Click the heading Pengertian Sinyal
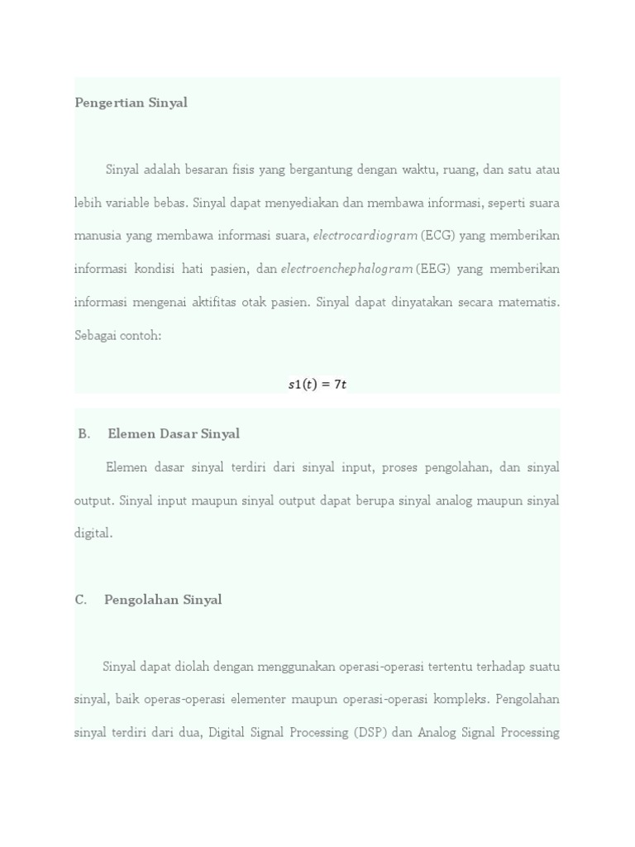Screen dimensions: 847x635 (131, 103)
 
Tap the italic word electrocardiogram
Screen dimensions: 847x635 (365, 236)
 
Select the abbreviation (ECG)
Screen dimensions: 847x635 (437, 236)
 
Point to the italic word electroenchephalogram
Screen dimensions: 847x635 (346, 269)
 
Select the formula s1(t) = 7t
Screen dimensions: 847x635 (317, 385)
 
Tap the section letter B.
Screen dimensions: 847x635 (84, 434)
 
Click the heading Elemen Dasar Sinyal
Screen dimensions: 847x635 (174, 434)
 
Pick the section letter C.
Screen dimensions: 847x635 (81, 600)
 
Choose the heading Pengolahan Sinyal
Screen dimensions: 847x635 (163, 600)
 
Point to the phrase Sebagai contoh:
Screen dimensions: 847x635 (118, 335)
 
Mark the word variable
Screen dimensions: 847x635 (122, 203)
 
